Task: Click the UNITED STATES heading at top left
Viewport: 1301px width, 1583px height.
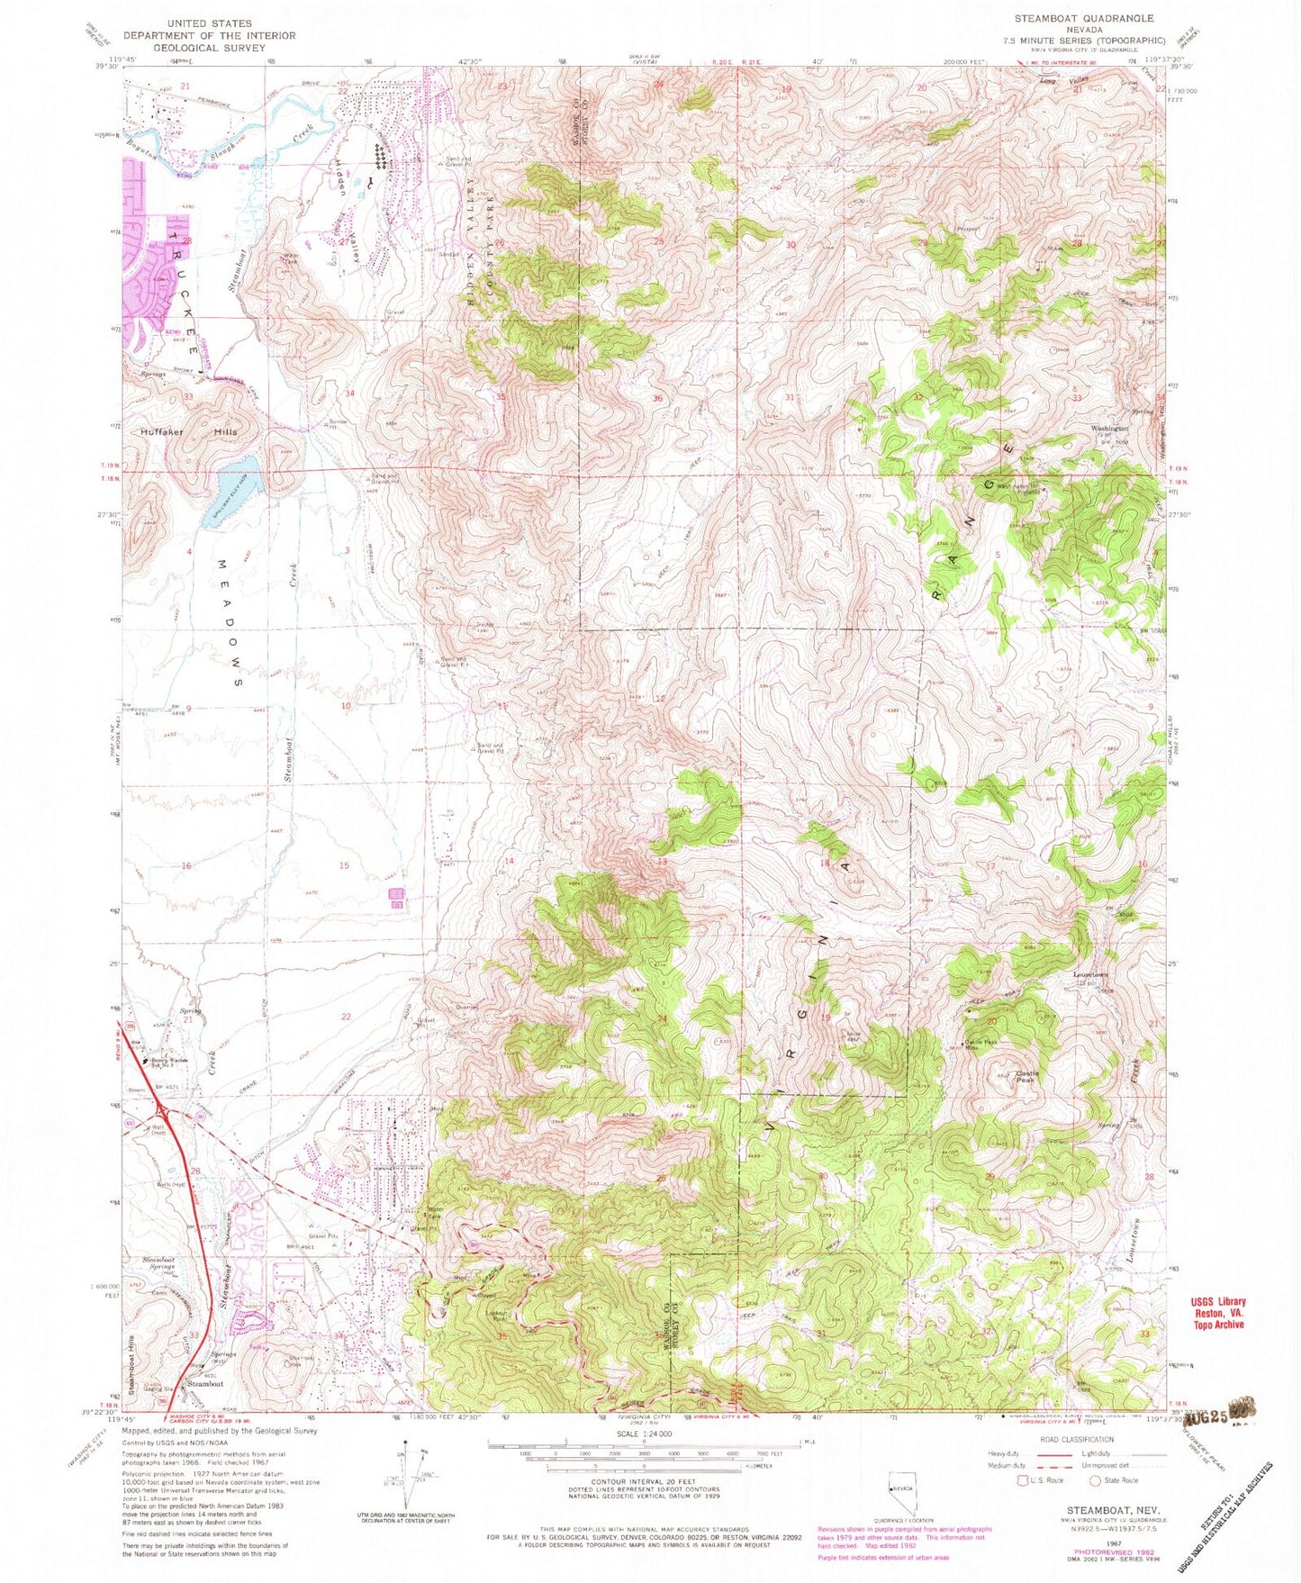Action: coord(214,23)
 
